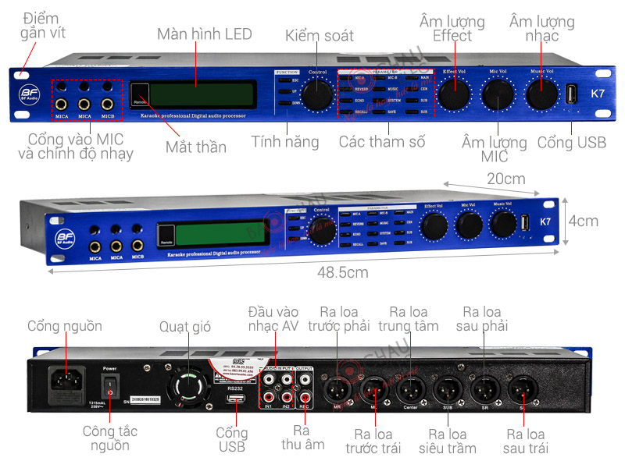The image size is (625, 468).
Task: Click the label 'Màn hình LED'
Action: click(205, 34)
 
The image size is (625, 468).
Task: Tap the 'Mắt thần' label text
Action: click(196, 147)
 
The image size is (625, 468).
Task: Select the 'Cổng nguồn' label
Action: click(65, 326)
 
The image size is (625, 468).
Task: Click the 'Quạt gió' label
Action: click(185, 326)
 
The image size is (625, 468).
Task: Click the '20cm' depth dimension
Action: click(506, 179)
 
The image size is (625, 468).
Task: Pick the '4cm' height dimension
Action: click(583, 221)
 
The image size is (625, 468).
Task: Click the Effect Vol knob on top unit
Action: click(453, 94)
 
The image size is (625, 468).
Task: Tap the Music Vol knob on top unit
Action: click(541, 94)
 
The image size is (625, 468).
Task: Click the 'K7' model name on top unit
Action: click(598, 94)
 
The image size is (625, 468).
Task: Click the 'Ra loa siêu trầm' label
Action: click(448, 441)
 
